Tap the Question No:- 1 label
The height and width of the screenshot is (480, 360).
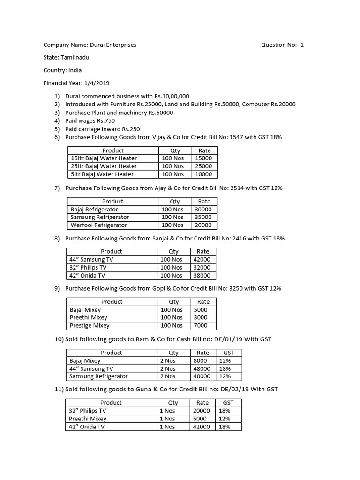282,45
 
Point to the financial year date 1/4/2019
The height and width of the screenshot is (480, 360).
97,83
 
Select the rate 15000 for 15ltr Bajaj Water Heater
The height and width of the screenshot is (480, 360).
204,158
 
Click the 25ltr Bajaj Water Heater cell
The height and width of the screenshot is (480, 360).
104,166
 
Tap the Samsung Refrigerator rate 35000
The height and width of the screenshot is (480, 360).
203,217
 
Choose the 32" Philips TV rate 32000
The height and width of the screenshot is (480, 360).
202,267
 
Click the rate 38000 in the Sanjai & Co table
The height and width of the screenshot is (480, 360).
202,275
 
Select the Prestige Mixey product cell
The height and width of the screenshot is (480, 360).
90,325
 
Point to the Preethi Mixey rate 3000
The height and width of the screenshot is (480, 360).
200,317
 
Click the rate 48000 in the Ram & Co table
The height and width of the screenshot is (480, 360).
202,368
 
